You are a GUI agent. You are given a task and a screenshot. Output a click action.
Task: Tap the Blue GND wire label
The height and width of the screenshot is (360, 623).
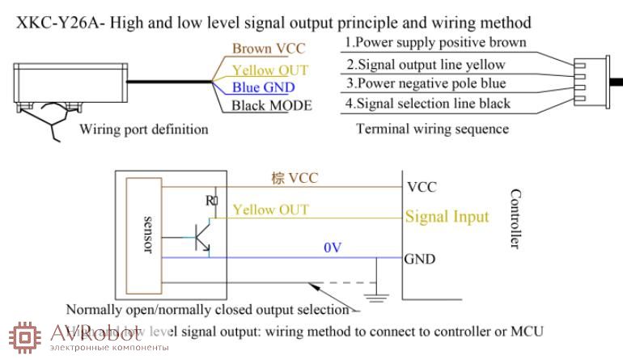tap(263, 87)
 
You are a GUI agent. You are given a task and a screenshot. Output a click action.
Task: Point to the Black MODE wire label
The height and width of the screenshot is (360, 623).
tap(271, 105)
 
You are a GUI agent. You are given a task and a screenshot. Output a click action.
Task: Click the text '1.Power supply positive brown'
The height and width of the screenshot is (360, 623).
tap(435, 42)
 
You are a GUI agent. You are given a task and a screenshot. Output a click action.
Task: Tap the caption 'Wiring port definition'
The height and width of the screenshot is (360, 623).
tap(143, 129)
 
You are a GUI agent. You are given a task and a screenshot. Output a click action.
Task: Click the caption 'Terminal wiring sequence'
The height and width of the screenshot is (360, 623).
tap(432, 129)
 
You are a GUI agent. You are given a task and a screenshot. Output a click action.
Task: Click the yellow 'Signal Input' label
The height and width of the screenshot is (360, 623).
tap(447, 216)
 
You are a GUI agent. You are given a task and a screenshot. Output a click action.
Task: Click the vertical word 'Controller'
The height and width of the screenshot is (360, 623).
tap(515, 218)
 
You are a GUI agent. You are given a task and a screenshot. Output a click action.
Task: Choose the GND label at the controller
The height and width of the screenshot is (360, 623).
tap(420, 260)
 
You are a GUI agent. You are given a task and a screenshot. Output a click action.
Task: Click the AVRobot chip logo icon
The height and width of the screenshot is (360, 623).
tap(23, 337)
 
